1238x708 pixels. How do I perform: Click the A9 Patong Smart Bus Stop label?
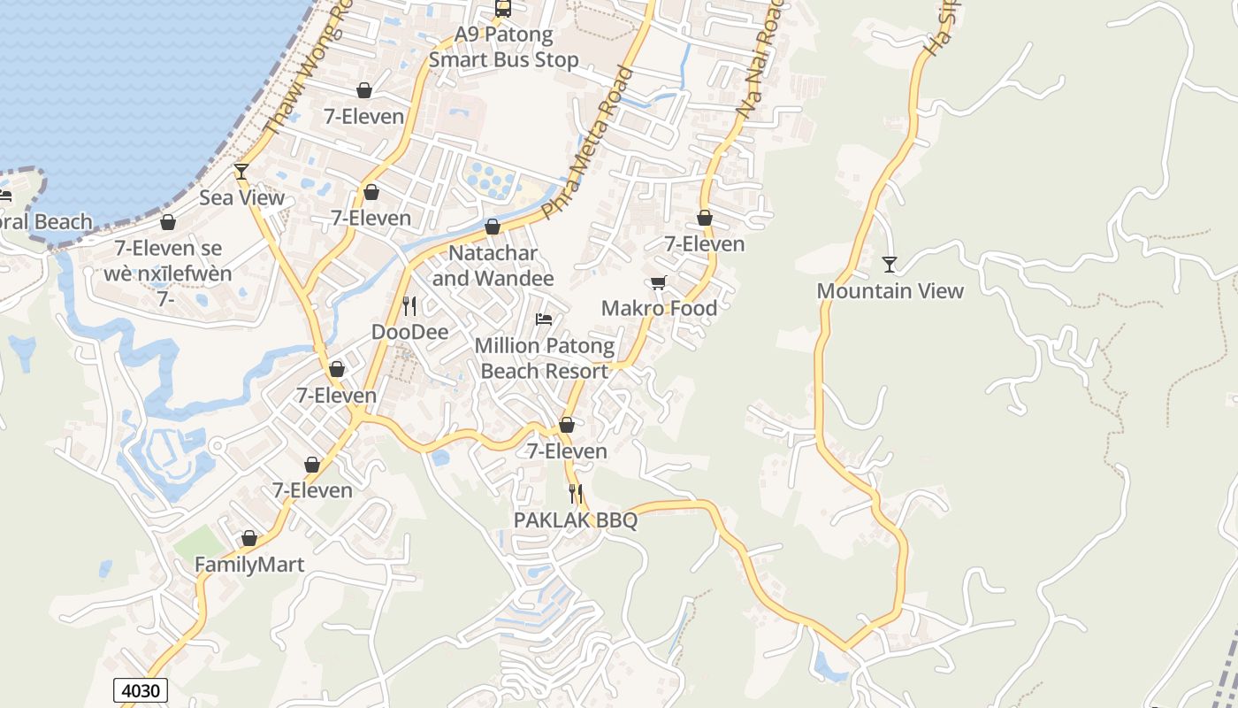coord(503,48)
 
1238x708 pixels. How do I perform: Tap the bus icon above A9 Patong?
coord(503,9)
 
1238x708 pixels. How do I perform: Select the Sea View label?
coord(241,197)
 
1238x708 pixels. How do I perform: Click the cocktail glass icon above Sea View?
coord(241,171)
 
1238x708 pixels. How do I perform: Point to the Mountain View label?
coord(890,291)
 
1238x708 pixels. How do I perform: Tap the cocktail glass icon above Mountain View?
coord(890,265)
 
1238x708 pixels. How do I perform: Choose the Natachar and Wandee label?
coord(493,265)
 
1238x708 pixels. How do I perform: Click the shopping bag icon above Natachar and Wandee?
coord(493,227)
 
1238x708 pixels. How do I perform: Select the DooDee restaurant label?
coord(409,333)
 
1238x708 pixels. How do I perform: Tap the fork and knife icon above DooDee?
coord(409,306)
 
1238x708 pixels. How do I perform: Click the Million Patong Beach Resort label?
coord(544,358)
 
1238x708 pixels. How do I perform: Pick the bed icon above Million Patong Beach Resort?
coord(544,319)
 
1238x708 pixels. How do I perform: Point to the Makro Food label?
coord(659,309)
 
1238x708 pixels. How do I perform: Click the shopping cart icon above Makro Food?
coord(658,283)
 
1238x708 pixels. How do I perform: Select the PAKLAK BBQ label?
coord(576,520)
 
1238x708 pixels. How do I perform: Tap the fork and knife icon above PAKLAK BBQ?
coord(576,494)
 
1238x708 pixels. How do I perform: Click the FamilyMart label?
coord(249,565)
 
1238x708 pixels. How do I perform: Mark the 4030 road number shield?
coord(141,690)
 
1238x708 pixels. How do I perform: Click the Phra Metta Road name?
coord(591,142)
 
